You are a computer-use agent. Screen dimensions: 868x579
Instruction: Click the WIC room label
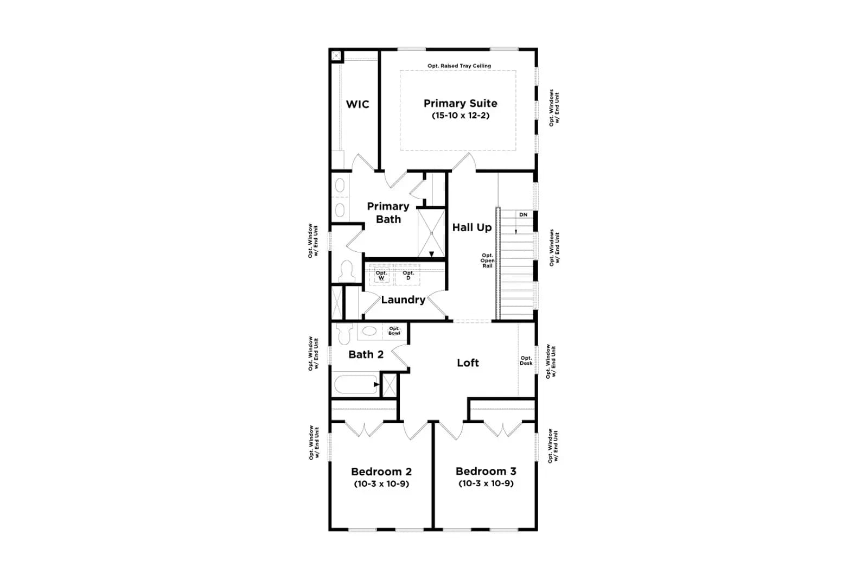pos(358,104)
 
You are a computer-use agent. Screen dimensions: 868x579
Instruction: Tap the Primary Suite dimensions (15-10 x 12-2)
pos(461,116)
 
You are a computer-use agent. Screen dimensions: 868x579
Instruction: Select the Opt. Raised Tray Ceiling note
pos(459,66)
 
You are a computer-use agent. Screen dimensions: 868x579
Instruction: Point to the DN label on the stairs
pos(523,215)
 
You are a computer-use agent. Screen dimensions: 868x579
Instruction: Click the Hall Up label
pos(471,227)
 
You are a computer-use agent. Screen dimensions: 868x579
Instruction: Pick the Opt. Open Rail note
pos(488,260)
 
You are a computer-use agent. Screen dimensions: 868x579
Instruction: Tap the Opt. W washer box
pos(382,275)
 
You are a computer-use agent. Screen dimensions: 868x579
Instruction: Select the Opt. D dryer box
pos(407,275)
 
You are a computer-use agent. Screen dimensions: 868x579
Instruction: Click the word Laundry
pos(403,300)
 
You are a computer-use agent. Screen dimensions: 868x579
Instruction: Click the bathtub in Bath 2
pos(355,384)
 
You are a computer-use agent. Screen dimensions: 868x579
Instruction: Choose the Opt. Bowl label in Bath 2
pos(394,331)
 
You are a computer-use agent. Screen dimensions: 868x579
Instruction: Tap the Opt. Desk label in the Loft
pos(526,360)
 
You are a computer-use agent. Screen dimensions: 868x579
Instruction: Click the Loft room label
pos(468,362)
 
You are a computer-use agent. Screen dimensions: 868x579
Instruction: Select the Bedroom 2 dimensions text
pos(381,484)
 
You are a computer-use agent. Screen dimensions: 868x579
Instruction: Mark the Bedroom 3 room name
pos(486,471)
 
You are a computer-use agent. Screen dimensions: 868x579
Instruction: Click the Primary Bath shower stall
pos(431,233)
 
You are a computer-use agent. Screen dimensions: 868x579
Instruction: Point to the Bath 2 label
pos(366,354)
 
